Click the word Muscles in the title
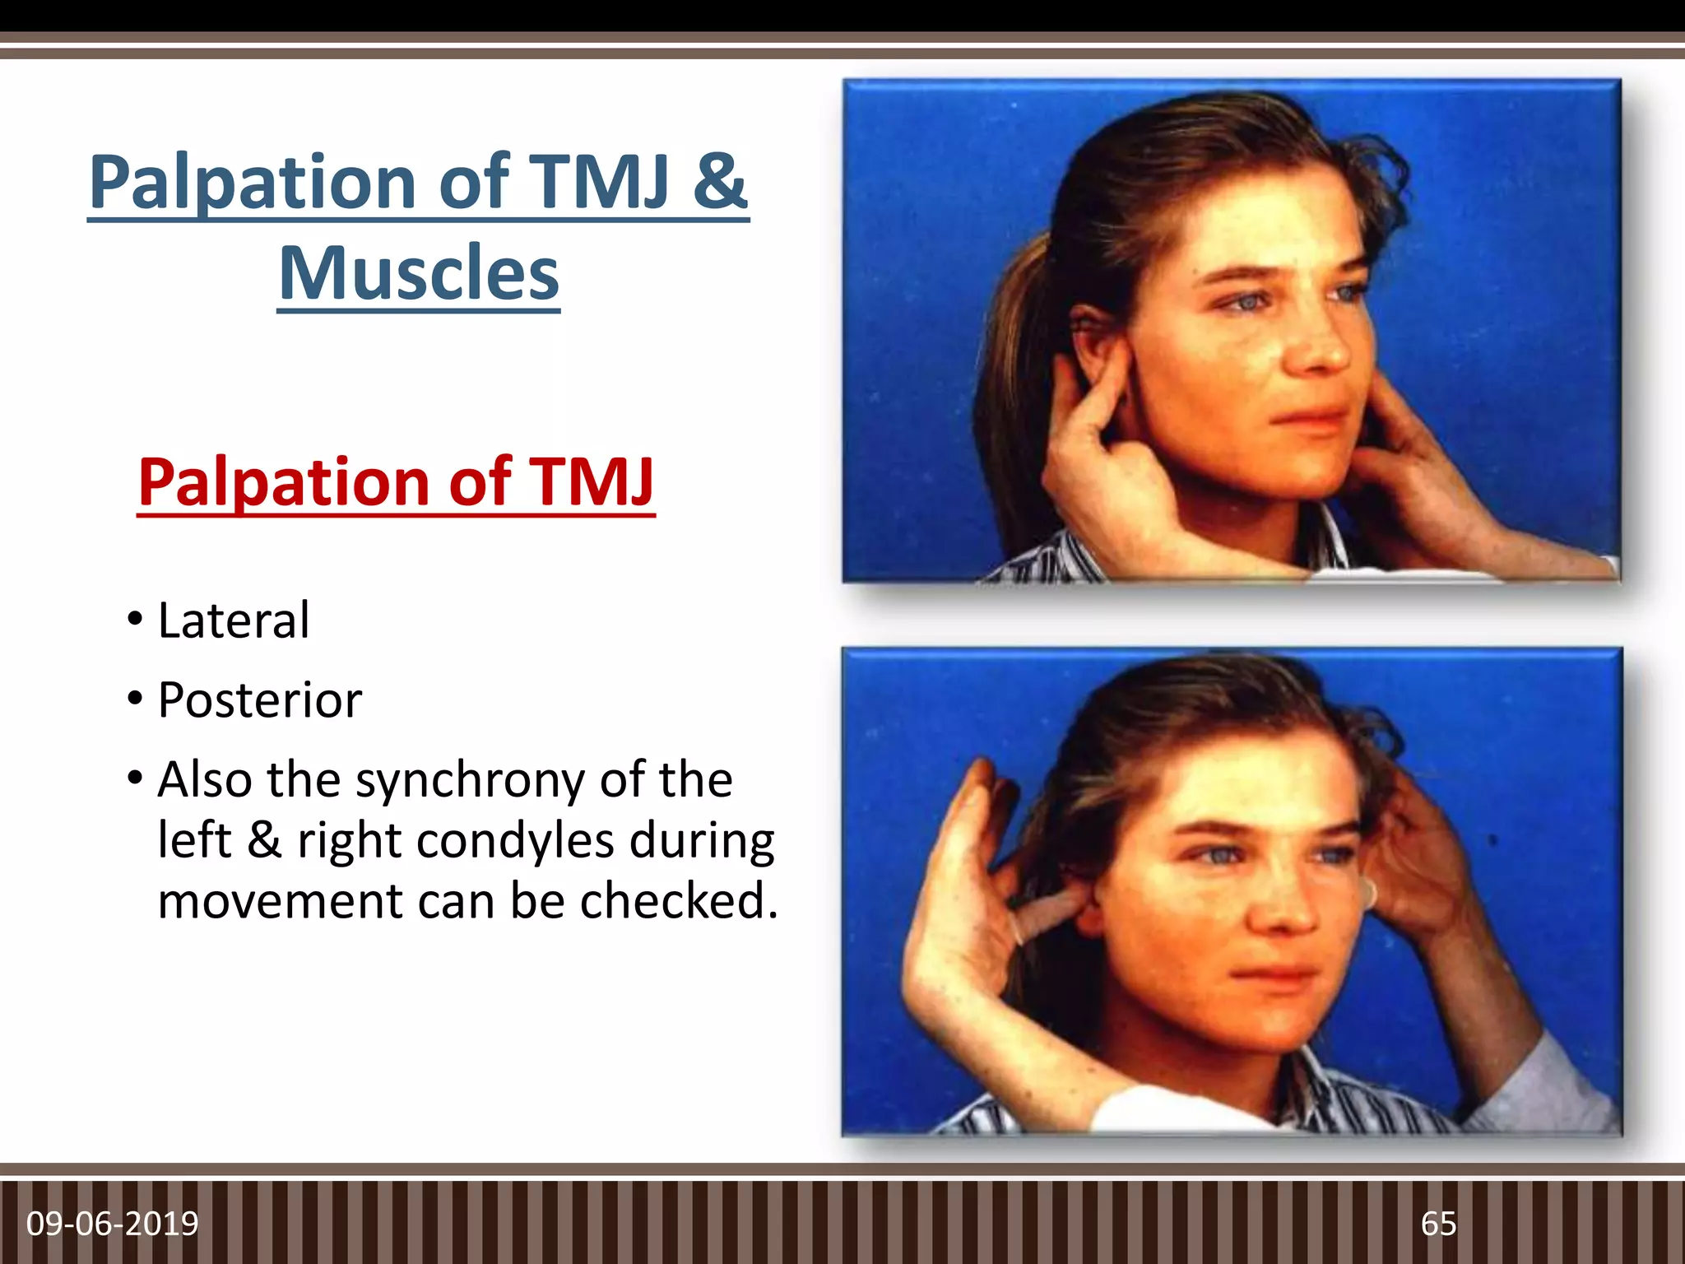pyautogui.click(x=419, y=274)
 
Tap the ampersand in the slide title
pyautogui.click(x=718, y=181)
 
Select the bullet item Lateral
pyautogui.click(x=234, y=620)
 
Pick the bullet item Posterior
pyautogui.click(x=259, y=700)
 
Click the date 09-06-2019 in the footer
pyautogui.click(x=113, y=1224)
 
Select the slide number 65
pyautogui.click(x=1438, y=1224)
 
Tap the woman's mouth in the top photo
pyautogui.click(x=1308, y=416)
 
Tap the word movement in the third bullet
pyautogui.click(x=280, y=901)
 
